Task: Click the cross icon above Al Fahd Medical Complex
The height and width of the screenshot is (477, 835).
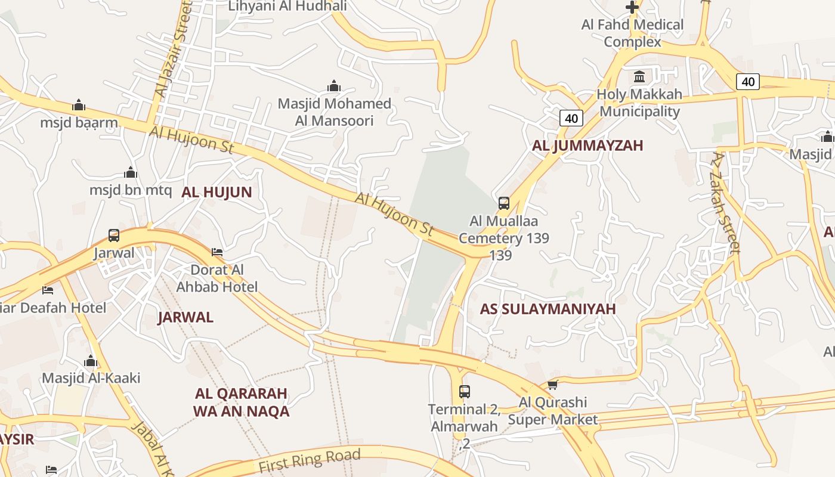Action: pyautogui.click(x=632, y=7)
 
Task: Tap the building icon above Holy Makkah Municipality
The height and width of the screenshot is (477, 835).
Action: pyautogui.click(x=639, y=77)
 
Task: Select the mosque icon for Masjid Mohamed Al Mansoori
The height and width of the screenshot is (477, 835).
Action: pyautogui.click(x=334, y=86)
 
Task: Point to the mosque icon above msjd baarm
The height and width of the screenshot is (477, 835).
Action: pyautogui.click(x=79, y=106)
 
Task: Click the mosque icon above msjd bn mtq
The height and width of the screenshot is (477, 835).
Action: pyautogui.click(x=131, y=173)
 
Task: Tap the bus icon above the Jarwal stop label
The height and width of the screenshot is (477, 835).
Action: pyautogui.click(x=114, y=235)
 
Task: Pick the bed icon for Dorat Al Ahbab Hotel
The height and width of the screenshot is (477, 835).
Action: pyautogui.click(x=217, y=252)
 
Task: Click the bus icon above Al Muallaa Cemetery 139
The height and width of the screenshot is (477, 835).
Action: pyautogui.click(x=504, y=203)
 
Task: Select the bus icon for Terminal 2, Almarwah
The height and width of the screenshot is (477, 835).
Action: pyautogui.click(x=465, y=392)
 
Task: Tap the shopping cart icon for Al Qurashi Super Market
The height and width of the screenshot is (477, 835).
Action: pyautogui.click(x=552, y=385)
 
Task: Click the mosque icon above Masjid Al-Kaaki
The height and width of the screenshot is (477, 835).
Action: pyautogui.click(x=91, y=361)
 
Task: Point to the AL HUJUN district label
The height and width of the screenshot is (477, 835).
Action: pyautogui.click(x=217, y=192)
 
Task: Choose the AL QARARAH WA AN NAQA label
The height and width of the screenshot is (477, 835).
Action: pyautogui.click(x=241, y=402)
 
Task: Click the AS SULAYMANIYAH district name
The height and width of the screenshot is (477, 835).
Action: pyautogui.click(x=548, y=309)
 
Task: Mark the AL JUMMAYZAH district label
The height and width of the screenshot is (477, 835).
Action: pyautogui.click(x=587, y=145)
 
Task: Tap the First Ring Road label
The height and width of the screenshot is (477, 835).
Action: pyautogui.click(x=310, y=461)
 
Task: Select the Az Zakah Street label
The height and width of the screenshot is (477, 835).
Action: pyautogui.click(x=726, y=203)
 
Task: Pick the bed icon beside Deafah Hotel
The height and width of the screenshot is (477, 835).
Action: pyautogui.click(x=48, y=290)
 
